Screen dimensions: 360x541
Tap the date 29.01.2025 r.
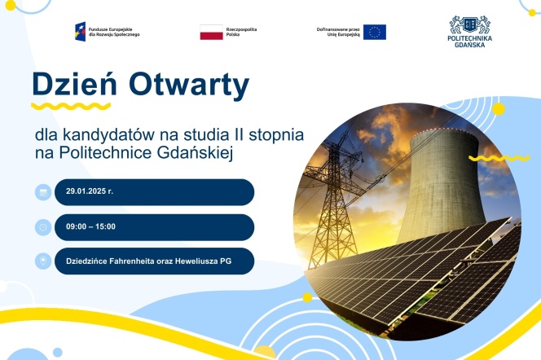[90, 192]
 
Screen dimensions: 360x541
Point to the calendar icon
[42, 192]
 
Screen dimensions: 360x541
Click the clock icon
[42, 227]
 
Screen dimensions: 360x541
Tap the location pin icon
[42, 262]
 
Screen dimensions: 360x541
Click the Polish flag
[211, 32]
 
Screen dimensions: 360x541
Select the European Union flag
[375, 32]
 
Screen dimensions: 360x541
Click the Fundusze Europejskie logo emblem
[85, 32]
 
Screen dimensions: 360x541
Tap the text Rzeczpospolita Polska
[241, 32]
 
